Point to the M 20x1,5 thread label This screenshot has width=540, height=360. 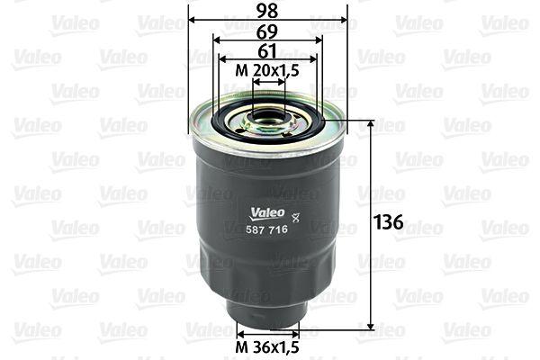click(268, 71)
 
